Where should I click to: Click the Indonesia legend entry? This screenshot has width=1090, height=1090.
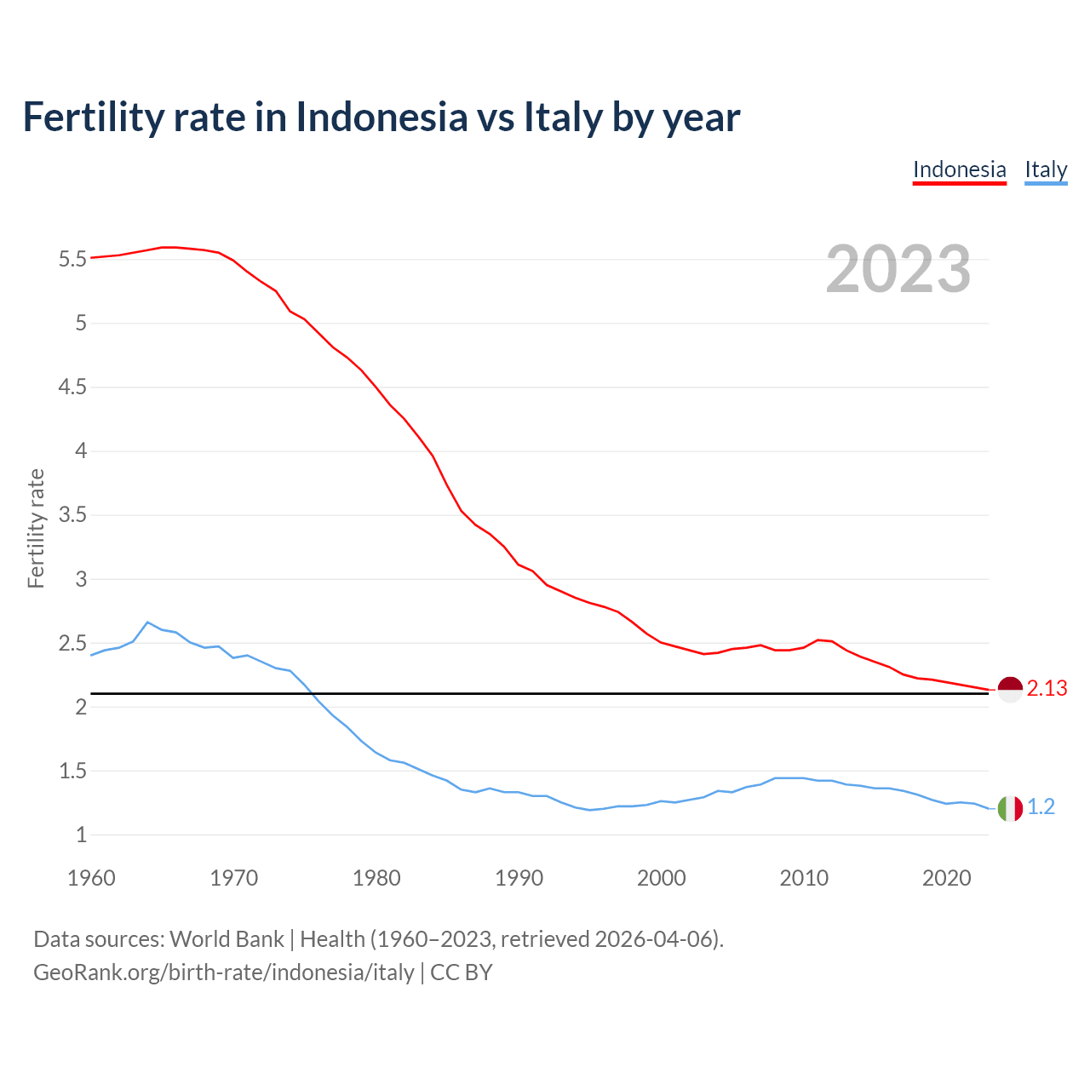(x=959, y=169)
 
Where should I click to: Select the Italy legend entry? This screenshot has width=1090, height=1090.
(x=1046, y=169)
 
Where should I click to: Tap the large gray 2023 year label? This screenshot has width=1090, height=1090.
(x=898, y=269)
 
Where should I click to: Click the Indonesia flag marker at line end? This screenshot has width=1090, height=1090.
(x=1009, y=689)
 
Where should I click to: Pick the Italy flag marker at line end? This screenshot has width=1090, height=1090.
(x=1009, y=807)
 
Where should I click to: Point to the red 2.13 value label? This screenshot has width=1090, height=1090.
(x=1047, y=689)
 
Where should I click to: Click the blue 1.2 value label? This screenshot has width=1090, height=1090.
(x=1041, y=807)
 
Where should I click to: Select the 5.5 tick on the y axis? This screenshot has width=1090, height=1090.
(x=72, y=259)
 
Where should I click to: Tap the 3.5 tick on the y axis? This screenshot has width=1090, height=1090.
(x=72, y=515)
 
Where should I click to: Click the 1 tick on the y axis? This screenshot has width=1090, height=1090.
(x=81, y=835)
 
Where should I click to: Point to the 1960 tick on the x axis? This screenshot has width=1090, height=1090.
(x=91, y=878)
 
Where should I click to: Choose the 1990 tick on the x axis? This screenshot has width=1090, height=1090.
(x=519, y=878)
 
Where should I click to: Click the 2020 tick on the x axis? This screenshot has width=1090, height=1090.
(x=946, y=878)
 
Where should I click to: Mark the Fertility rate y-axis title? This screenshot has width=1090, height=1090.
(x=36, y=528)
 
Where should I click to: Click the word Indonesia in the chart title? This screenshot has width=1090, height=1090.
(x=381, y=117)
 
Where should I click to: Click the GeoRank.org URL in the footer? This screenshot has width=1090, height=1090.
(x=223, y=972)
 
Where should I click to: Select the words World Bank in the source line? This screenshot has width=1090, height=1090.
(x=227, y=939)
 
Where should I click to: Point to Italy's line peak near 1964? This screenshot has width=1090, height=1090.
(x=147, y=622)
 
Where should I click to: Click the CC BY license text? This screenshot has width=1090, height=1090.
(x=462, y=972)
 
